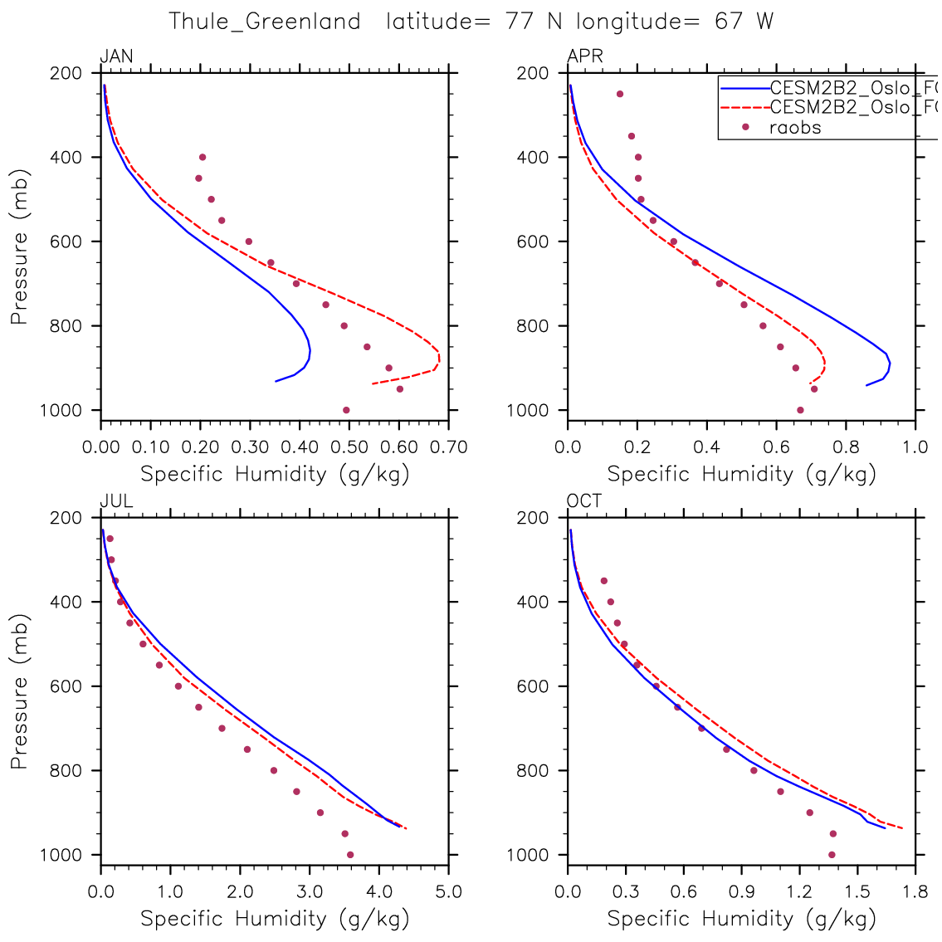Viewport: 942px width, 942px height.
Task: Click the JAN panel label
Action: tap(116, 57)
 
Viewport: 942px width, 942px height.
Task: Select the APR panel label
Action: tap(584, 57)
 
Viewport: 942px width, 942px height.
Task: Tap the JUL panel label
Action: tap(116, 502)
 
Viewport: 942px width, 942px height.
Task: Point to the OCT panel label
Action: tap(584, 502)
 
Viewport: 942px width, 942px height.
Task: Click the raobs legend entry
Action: tap(794, 128)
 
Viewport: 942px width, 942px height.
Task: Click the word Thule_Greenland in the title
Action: tap(265, 22)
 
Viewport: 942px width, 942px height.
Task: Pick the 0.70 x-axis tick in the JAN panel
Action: tap(449, 448)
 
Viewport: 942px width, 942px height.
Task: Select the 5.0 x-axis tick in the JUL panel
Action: tap(448, 893)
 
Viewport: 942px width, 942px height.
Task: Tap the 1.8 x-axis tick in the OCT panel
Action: tap(915, 893)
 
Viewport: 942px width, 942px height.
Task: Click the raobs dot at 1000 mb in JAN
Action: tap(346, 410)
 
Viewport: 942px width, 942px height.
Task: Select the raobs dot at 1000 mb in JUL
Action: tap(350, 855)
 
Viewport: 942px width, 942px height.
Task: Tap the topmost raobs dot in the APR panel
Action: tap(619, 94)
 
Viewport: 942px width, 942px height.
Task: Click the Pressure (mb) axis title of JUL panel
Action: tap(20, 691)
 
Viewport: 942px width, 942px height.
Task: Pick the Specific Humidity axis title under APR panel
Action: tap(741, 475)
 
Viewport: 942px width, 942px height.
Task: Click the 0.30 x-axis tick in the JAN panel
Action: tap(250, 448)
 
